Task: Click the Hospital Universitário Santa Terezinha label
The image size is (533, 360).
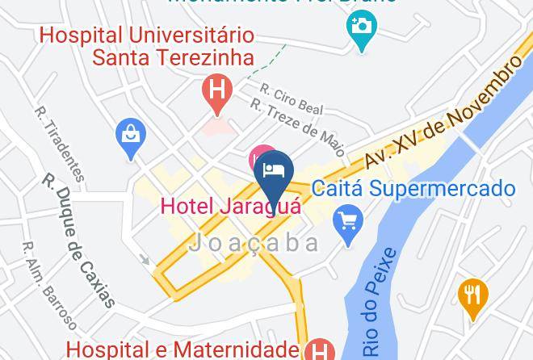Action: coord(147,47)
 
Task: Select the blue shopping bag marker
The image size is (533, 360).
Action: coord(130,137)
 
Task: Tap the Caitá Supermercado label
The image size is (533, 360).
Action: coord(413,190)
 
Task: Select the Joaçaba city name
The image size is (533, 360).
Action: coord(254,243)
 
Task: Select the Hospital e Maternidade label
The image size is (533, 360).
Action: coord(183,350)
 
